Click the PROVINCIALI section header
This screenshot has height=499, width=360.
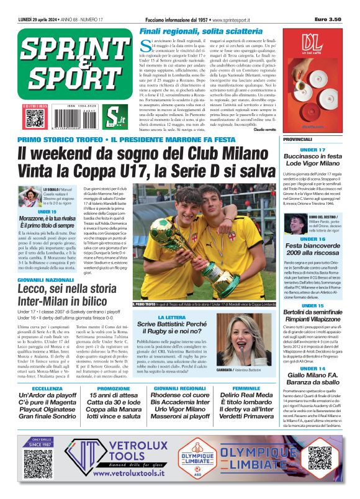coord(297,140)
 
